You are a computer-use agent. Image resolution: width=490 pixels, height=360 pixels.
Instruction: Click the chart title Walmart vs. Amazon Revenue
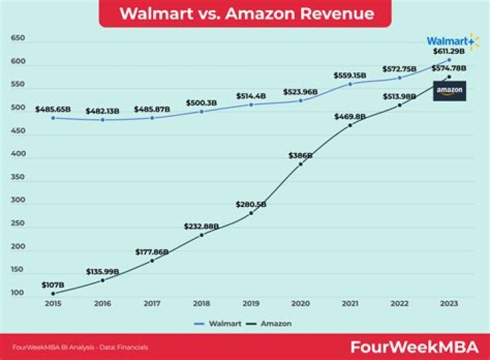click(x=246, y=14)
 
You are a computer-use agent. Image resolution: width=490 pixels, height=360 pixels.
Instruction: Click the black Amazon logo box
click(x=449, y=91)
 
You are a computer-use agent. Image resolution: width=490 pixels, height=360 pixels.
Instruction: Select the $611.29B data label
click(x=449, y=52)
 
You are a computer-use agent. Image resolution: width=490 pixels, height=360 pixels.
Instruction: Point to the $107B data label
click(x=52, y=284)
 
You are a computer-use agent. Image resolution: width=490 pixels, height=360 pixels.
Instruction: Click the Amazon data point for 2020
click(x=300, y=164)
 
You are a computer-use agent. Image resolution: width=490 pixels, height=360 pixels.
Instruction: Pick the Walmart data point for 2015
click(x=52, y=118)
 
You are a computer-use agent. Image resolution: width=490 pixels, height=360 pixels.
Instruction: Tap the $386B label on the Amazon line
click(x=300, y=155)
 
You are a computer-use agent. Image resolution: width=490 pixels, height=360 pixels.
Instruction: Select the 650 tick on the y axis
click(x=18, y=38)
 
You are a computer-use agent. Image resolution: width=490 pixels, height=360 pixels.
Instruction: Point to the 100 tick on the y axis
click(x=18, y=293)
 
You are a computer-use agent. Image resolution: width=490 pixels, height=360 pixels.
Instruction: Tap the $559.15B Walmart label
click(x=350, y=75)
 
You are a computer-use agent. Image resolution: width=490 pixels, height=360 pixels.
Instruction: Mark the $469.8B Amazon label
click(x=350, y=116)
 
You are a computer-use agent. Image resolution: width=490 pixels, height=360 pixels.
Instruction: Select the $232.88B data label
click(x=201, y=226)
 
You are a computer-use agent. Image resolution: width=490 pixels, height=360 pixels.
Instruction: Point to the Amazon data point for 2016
click(x=102, y=280)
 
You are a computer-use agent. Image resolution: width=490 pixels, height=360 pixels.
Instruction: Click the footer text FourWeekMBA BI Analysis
click(x=75, y=348)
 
